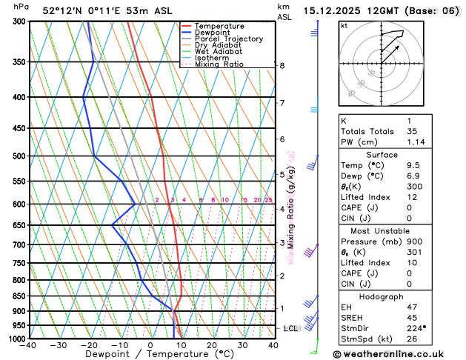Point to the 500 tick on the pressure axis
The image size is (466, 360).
[16, 156]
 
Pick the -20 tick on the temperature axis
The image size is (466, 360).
[90, 345]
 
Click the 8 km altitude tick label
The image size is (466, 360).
[282, 66]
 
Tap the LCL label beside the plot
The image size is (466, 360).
[290, 328]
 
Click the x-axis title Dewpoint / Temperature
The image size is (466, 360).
[150, 355]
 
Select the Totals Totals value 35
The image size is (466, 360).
[412, 131]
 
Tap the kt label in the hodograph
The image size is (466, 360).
[344, 26]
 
